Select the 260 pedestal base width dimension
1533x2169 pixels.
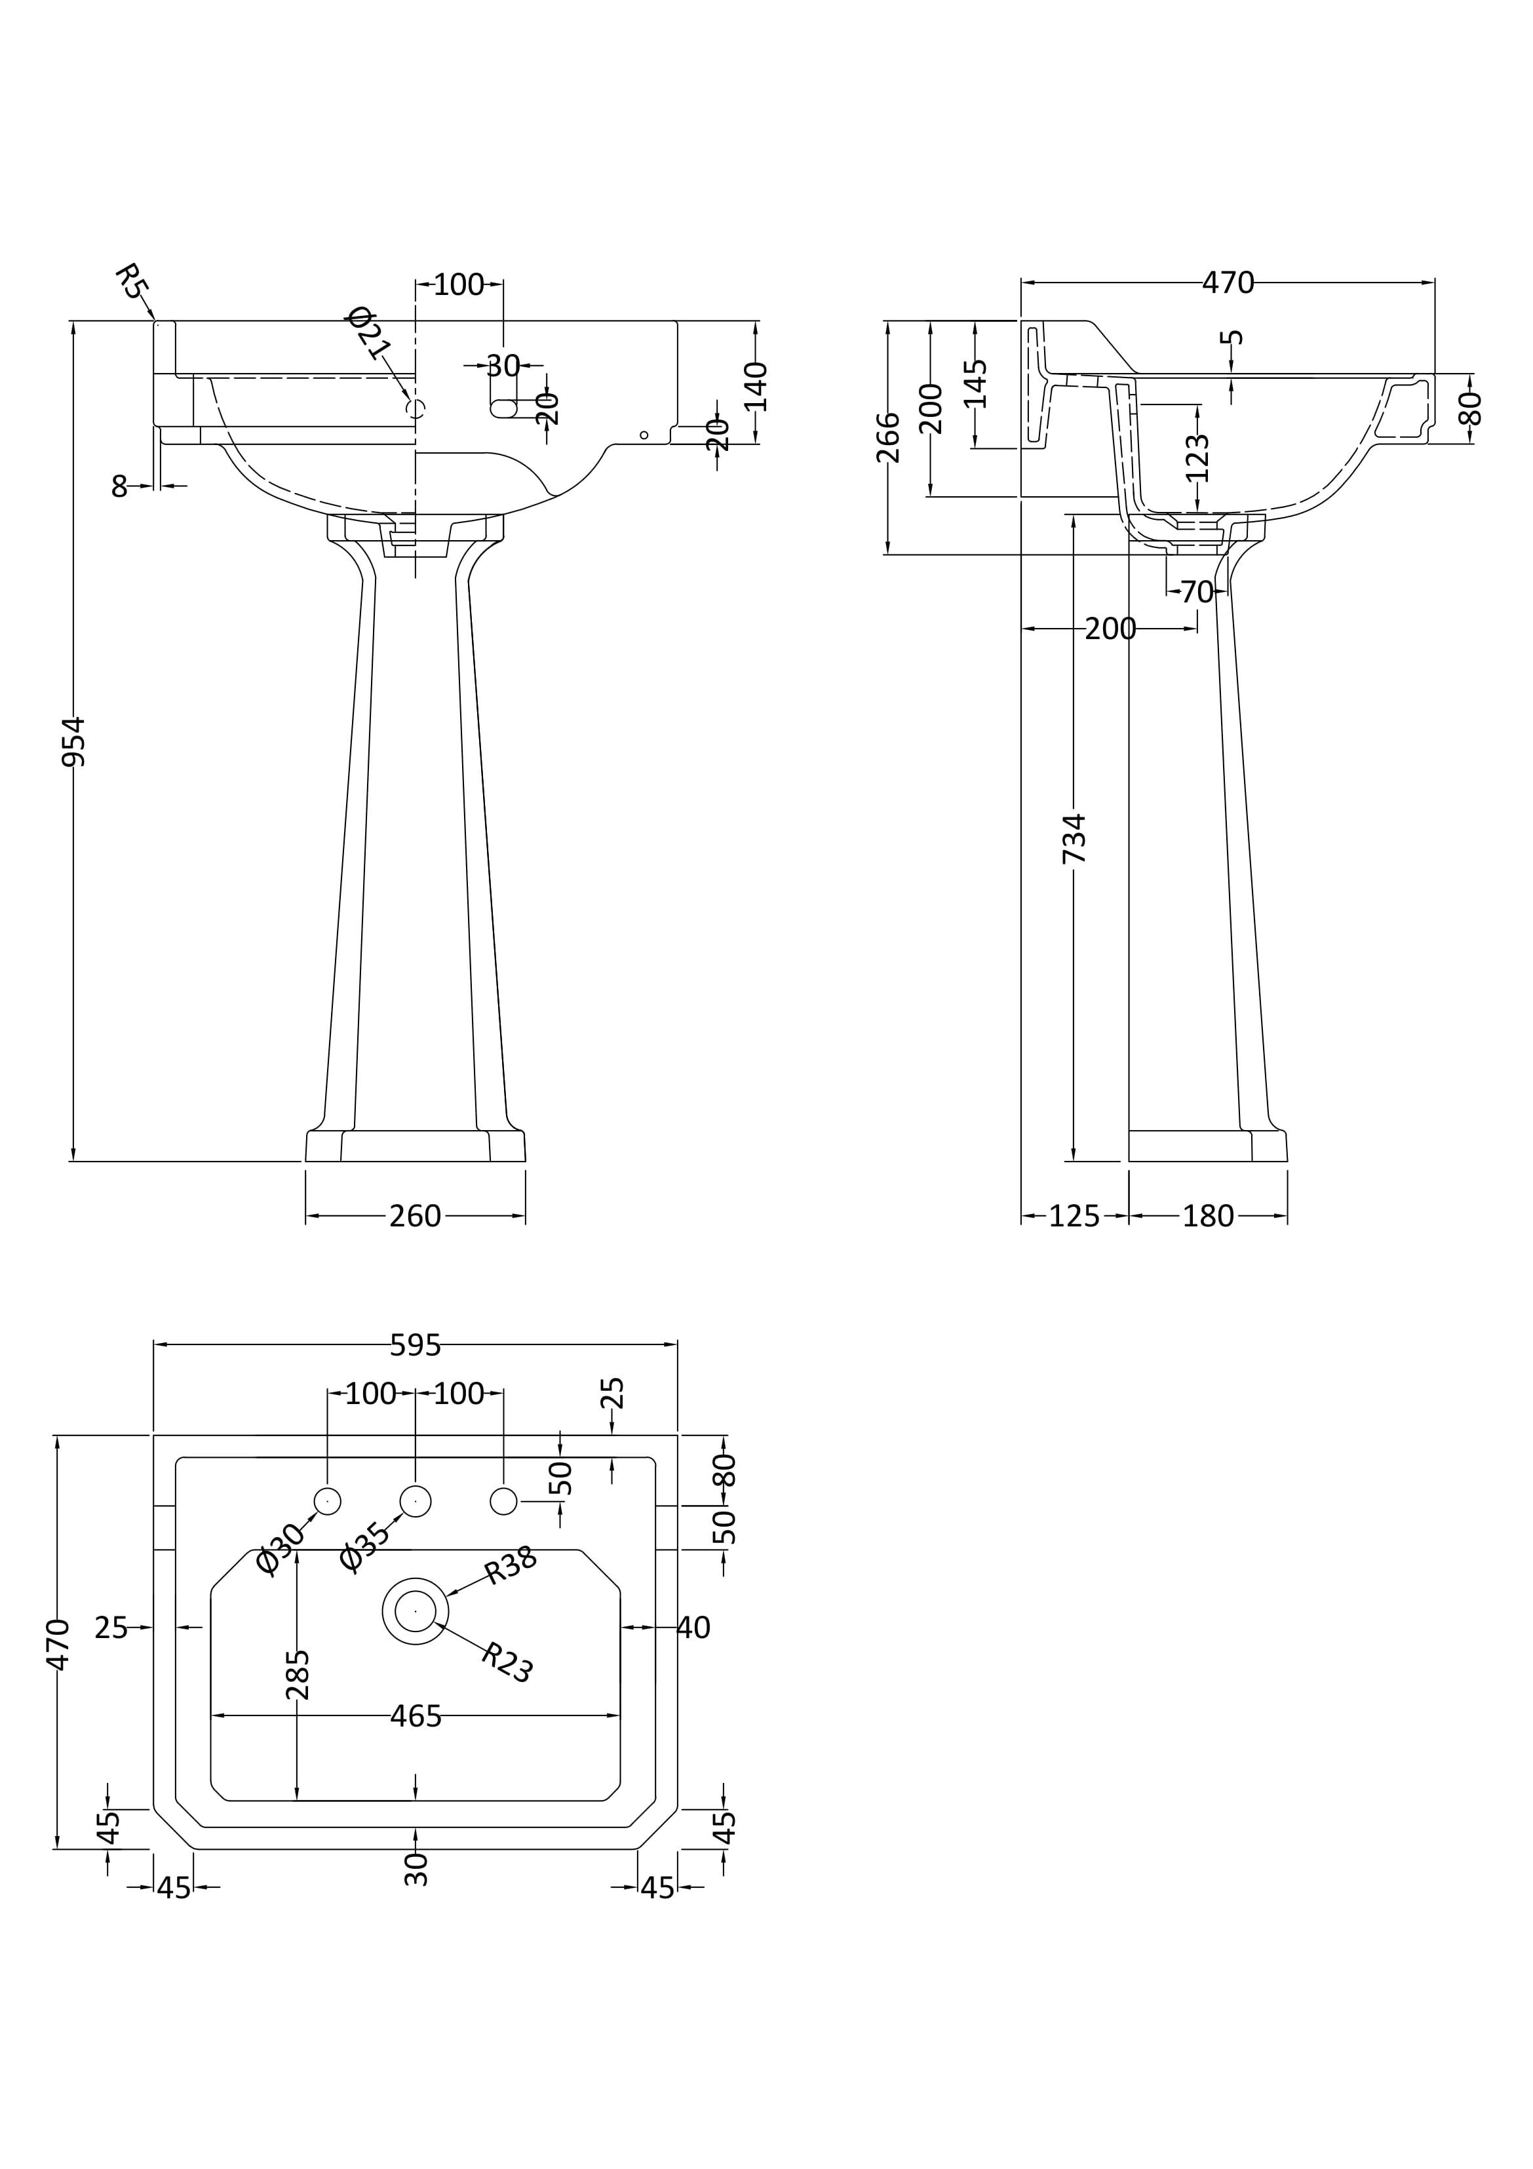(416, 1216)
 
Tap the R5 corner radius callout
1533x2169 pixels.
(132, 281)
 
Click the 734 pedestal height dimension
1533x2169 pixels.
(1074, 837)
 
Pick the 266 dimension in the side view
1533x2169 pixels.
(888, 437)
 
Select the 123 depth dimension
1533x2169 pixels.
(1197, 458)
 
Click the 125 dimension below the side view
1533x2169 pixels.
(1074, 1216)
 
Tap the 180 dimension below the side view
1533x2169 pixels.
(1208, 1216)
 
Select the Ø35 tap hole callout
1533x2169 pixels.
(364, 1546)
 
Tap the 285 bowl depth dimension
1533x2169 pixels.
(298, 1674)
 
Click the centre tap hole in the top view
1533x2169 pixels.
(416, 1500)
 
